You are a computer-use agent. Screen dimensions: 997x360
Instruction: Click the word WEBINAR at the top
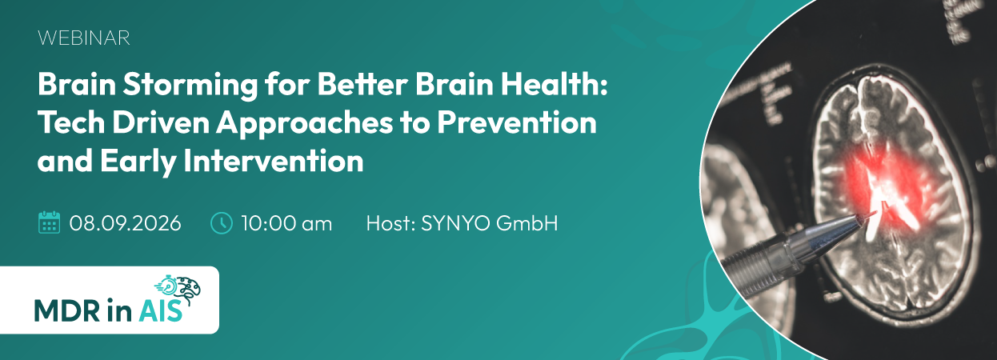tap(84, 38)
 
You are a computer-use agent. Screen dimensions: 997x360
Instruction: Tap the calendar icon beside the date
tap(49, 222)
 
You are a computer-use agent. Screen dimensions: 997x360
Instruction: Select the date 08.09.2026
tap(125, 223)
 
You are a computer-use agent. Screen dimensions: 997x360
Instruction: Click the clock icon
tap(221, 223)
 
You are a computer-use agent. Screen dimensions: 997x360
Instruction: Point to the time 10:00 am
tap(286, 223)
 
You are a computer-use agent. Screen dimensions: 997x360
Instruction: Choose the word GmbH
tap(527, 223)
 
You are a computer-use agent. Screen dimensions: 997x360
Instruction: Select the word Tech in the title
tap(72, 122)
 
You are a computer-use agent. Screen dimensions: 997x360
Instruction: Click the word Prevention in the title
tap(516, 122)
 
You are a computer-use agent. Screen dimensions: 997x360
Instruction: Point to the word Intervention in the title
tap(274, 161)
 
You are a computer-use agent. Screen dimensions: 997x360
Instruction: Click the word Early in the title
tap(138, 162)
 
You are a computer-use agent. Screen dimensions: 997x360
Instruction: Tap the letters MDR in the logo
tap(67, 310)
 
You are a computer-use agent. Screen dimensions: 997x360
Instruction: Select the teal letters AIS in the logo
tap(161, 310)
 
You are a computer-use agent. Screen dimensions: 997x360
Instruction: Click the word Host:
tap(390, 223)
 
